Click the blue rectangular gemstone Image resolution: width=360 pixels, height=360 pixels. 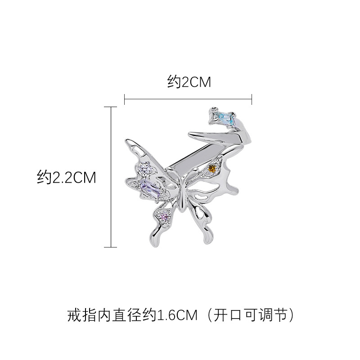point(225,118)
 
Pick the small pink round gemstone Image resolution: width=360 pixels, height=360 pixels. point(165,217)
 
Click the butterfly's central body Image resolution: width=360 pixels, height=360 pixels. point(181,191)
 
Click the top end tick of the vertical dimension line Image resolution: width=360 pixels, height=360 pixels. point(111,107)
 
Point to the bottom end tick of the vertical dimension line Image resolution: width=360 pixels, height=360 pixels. point(111,247)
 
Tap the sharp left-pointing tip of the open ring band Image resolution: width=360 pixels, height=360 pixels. point(190,133)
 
